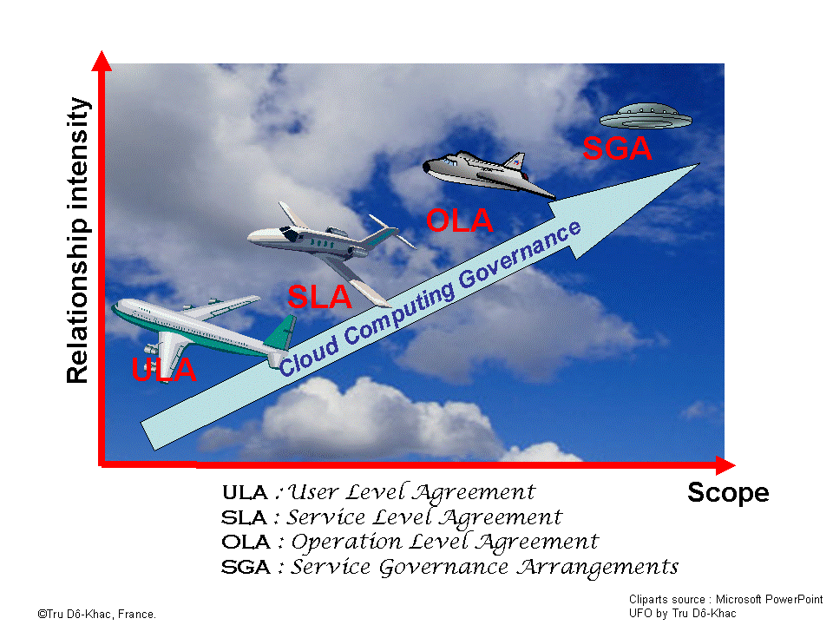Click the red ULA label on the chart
[x=165, y=370]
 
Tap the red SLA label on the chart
[x=319, y=298]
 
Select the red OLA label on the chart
[x=459, y=220]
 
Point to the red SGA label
[x=616, y=148]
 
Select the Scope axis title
[x=727, y=493]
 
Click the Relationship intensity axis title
[x=78, y=240]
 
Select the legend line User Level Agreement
[x=378, y=492]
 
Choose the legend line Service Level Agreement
[x=391, y=517]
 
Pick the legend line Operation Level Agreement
[x=410, y=543]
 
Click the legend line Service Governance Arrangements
[x=449, y=568]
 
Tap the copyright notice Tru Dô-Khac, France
[x=96, y=614]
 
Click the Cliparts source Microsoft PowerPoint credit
[x=725, y=600]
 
